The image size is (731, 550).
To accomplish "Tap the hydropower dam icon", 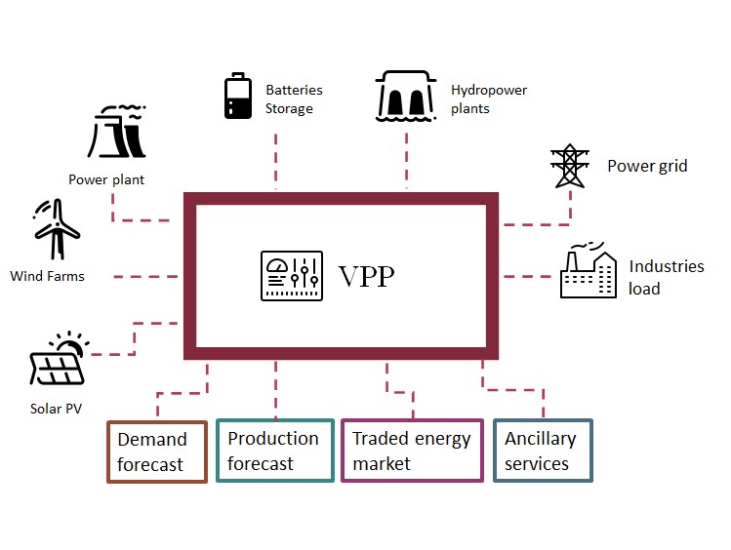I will pos(407,98).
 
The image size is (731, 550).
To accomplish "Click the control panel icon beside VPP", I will pos(291,276).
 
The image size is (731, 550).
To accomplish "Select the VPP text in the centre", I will pos(367,277).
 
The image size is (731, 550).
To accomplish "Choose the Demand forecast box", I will pos(157,452).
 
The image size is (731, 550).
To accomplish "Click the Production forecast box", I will pos(273,452).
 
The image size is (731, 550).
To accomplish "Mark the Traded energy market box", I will pos(412,452).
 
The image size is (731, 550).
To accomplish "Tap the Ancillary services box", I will pos(543,452).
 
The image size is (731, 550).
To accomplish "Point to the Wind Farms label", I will pos(47,276).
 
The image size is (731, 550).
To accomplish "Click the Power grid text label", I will pos(647,166).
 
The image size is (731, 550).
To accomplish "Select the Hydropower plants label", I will pos(488,99).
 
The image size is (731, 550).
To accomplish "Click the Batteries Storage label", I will pos(294,99).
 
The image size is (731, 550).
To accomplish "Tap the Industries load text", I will pos(666,277).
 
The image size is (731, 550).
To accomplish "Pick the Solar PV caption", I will pos(56,408).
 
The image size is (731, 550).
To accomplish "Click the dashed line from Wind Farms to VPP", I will pos(146,277).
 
